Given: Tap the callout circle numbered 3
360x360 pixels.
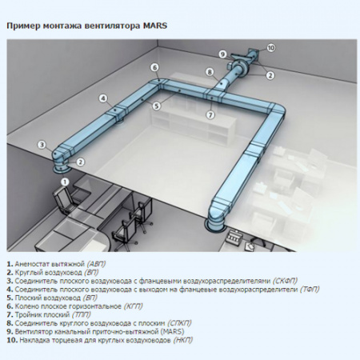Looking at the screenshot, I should pyautogui.click(x=42, y=144).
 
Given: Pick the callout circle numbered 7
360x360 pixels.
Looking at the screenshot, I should pyautogui.click(x=210, y=114).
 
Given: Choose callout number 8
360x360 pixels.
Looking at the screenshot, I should pyautogui.click(x=209, y=72).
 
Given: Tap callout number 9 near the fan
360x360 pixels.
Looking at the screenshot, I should pyautogui.click(x=222, y=54).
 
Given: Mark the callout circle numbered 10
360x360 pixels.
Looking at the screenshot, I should pyautogui.click(x=270, y=48).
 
